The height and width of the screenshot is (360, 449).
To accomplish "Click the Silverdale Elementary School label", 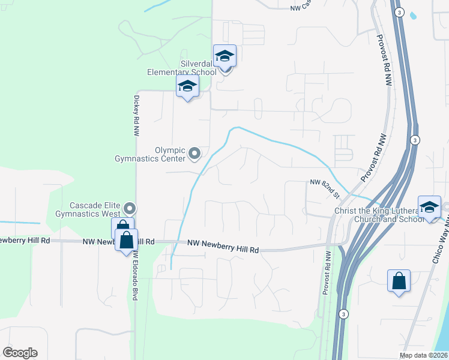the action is [182, 68].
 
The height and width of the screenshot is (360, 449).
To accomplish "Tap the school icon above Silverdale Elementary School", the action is [225, 56].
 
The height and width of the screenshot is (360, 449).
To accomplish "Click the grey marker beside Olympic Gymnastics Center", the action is [194, 154].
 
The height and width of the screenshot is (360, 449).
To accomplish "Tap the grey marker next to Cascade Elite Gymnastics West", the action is [130, 209].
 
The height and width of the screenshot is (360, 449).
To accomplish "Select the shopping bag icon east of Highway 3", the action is [399, 280].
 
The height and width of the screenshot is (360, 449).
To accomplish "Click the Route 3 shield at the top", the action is [399, 12].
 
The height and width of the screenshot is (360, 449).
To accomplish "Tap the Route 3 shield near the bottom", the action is [343, 313].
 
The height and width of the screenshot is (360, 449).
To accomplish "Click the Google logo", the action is [20, 353].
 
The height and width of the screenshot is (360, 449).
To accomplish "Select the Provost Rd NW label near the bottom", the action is [327, 272].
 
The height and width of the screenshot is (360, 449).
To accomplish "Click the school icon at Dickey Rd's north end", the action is [187, 87].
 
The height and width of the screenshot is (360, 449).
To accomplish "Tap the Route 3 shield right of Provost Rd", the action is [414, 140].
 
